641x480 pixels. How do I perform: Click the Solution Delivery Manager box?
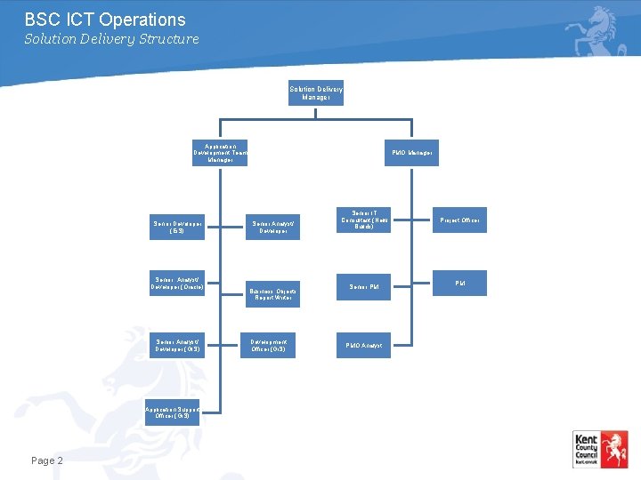315,92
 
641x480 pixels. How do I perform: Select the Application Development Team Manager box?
220,153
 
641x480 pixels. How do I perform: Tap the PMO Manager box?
412,153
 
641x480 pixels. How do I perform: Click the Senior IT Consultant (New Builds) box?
362,220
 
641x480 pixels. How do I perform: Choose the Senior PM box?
363,286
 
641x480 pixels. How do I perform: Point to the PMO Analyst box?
363,345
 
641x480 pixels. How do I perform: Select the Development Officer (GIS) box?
268,345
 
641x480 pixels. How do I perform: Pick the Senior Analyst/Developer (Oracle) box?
177,283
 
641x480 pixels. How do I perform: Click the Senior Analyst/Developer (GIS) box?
177,345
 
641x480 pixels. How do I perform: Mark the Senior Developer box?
177,227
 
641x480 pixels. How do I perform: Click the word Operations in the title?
142,20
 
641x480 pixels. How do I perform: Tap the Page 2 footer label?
47,460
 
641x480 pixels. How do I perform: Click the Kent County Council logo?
600,449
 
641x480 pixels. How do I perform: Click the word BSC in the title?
41,20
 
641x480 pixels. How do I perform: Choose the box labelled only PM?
460,284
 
